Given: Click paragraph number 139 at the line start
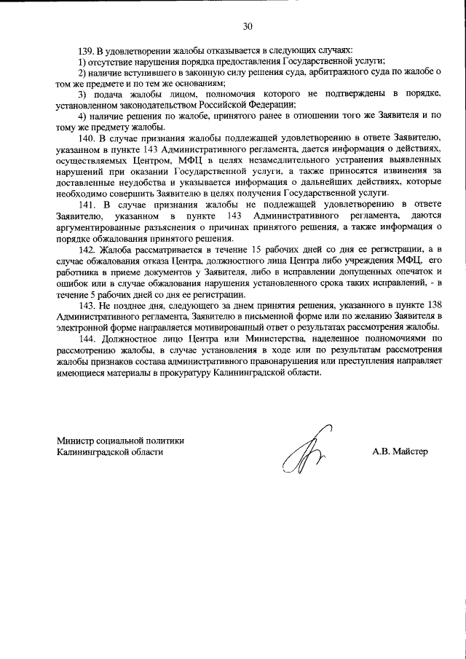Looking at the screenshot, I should click(x=86, y=51).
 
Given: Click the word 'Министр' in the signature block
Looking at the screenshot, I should click(x=76, y=440).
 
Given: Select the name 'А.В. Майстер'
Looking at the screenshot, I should click(x=400, y=451).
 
